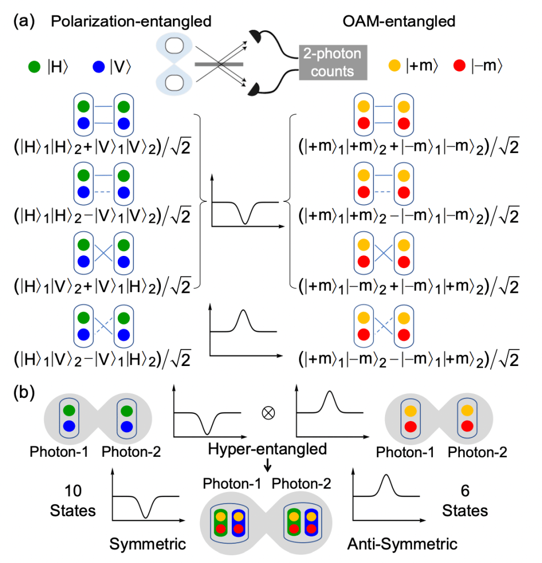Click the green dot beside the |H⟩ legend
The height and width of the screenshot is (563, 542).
pos(34,68)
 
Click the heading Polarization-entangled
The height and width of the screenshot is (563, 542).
pos(131,22)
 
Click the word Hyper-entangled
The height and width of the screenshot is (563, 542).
pos(268,449)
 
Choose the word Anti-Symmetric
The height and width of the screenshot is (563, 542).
pos(403,544)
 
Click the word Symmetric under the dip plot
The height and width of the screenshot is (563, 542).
pos(148,544)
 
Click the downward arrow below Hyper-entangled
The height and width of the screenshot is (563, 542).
pos(268,466)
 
